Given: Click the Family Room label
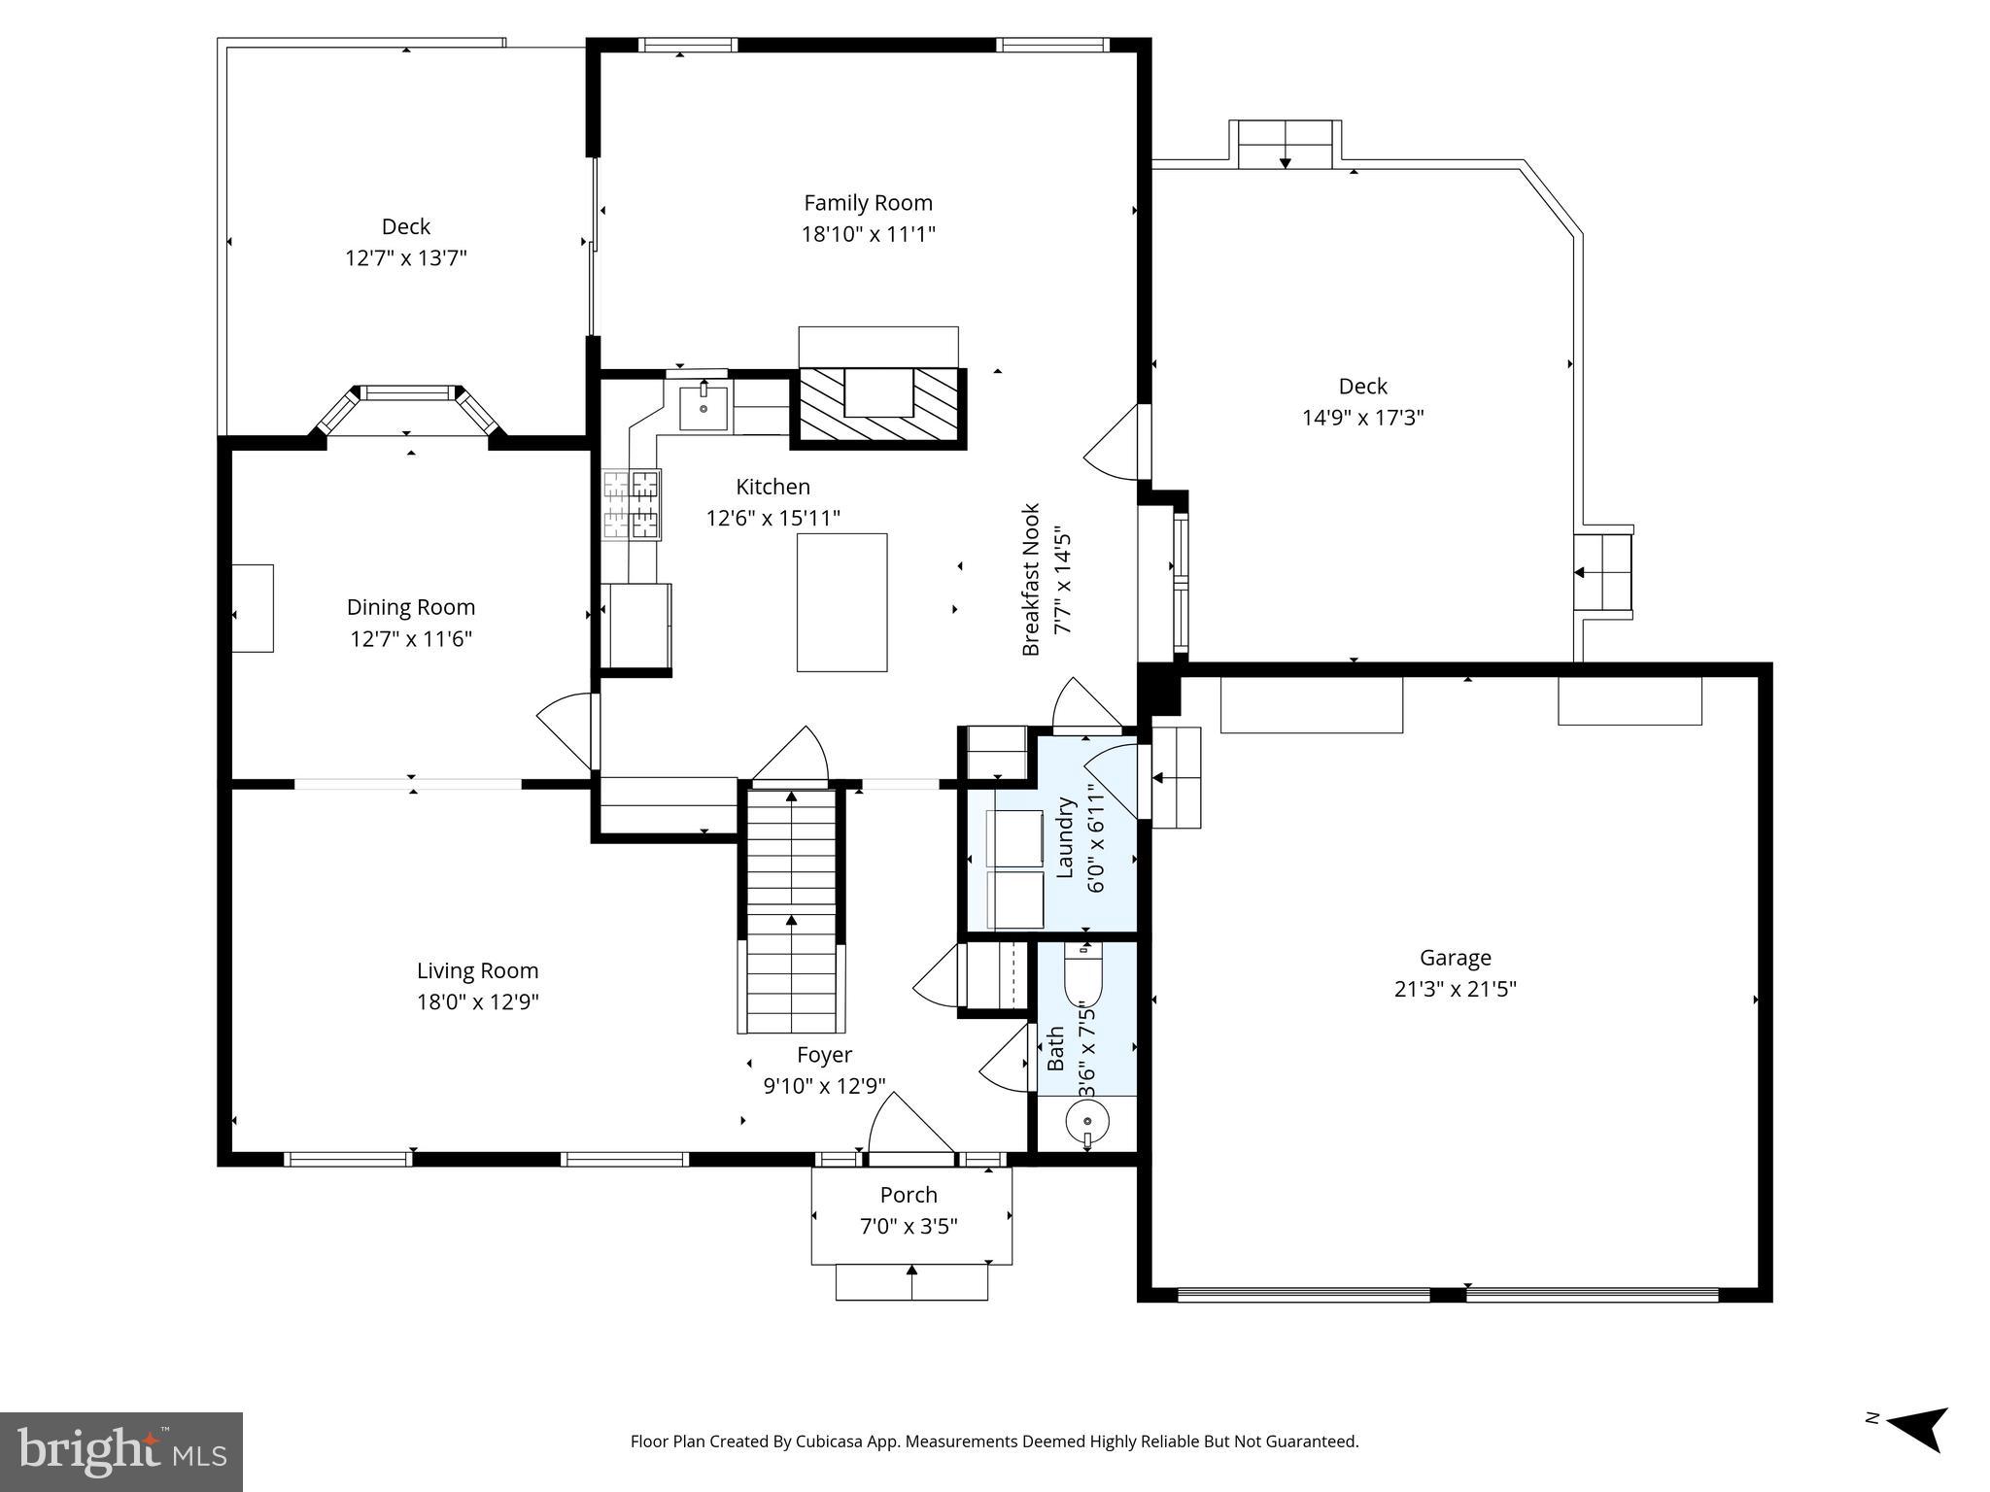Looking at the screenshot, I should pos(868,203).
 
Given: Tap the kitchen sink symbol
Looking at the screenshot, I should pos(703,408).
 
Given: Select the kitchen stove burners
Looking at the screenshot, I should pos(633,504).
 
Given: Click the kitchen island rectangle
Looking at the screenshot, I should pos(841,602).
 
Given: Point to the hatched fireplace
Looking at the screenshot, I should pos(878,407).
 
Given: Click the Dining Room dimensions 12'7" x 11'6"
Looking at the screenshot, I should pos(411,639).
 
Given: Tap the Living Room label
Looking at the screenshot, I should pos(477,970).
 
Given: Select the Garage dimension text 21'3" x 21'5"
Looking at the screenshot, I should pos(1455,989).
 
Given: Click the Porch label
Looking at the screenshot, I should pos(909,1195).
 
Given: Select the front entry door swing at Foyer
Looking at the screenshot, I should pos(908,1127).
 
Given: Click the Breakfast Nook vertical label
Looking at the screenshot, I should pos(1031,579).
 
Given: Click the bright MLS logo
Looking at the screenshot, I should pos(121,1451).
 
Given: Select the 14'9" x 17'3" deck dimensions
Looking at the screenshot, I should pos(1362,418).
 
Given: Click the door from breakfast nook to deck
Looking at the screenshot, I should pos(1115,443).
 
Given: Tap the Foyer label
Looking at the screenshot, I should pos(824,1055).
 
